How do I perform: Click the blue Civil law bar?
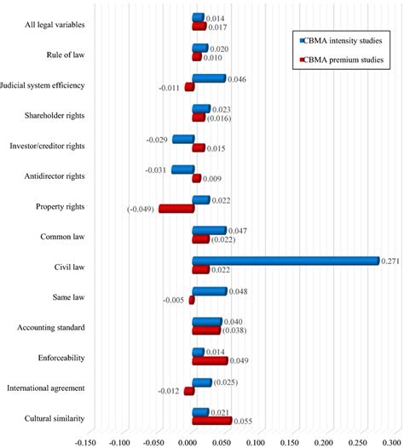286,261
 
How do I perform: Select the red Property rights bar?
176,209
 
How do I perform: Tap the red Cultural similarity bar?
211,421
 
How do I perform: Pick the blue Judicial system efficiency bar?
209,78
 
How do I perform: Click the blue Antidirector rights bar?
182,169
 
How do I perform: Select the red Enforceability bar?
210,360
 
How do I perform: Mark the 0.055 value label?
244,421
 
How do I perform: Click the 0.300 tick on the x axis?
392,442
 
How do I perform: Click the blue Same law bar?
210,291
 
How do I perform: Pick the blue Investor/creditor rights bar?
182,139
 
